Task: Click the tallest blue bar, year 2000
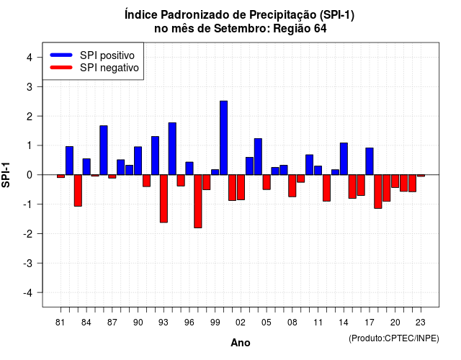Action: point(224,138)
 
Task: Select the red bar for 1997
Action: point(198,202)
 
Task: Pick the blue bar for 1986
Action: point(104,150)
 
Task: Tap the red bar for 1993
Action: point(164,199)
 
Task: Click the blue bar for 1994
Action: point(172,149)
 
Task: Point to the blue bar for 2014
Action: point(344,158)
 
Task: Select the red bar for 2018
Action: point(378,192)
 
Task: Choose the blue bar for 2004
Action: point(258,157)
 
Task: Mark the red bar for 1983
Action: point(78,190)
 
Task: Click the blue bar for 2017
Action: point(370,161)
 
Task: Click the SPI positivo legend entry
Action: point(92,55)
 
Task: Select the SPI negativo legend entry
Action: point(94,68)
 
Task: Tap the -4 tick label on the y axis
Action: point(28,293)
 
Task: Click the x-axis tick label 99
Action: point(215,323)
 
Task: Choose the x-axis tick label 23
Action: point(421,323)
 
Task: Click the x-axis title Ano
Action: point(241,343)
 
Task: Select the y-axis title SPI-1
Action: point(6,175)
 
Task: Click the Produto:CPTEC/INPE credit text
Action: point(394,338)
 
